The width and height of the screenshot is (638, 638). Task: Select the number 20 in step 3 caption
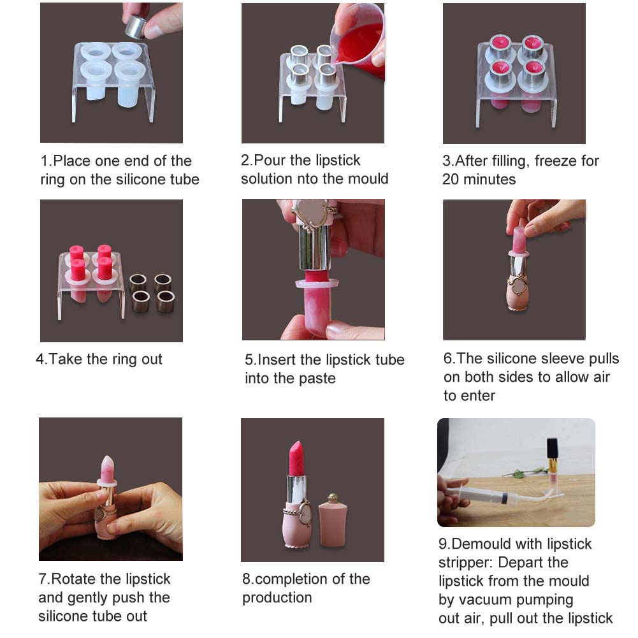coord(451,180)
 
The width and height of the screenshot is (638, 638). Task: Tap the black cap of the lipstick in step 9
coord(552,448)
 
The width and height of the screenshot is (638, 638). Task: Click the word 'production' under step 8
coord(277,598)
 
